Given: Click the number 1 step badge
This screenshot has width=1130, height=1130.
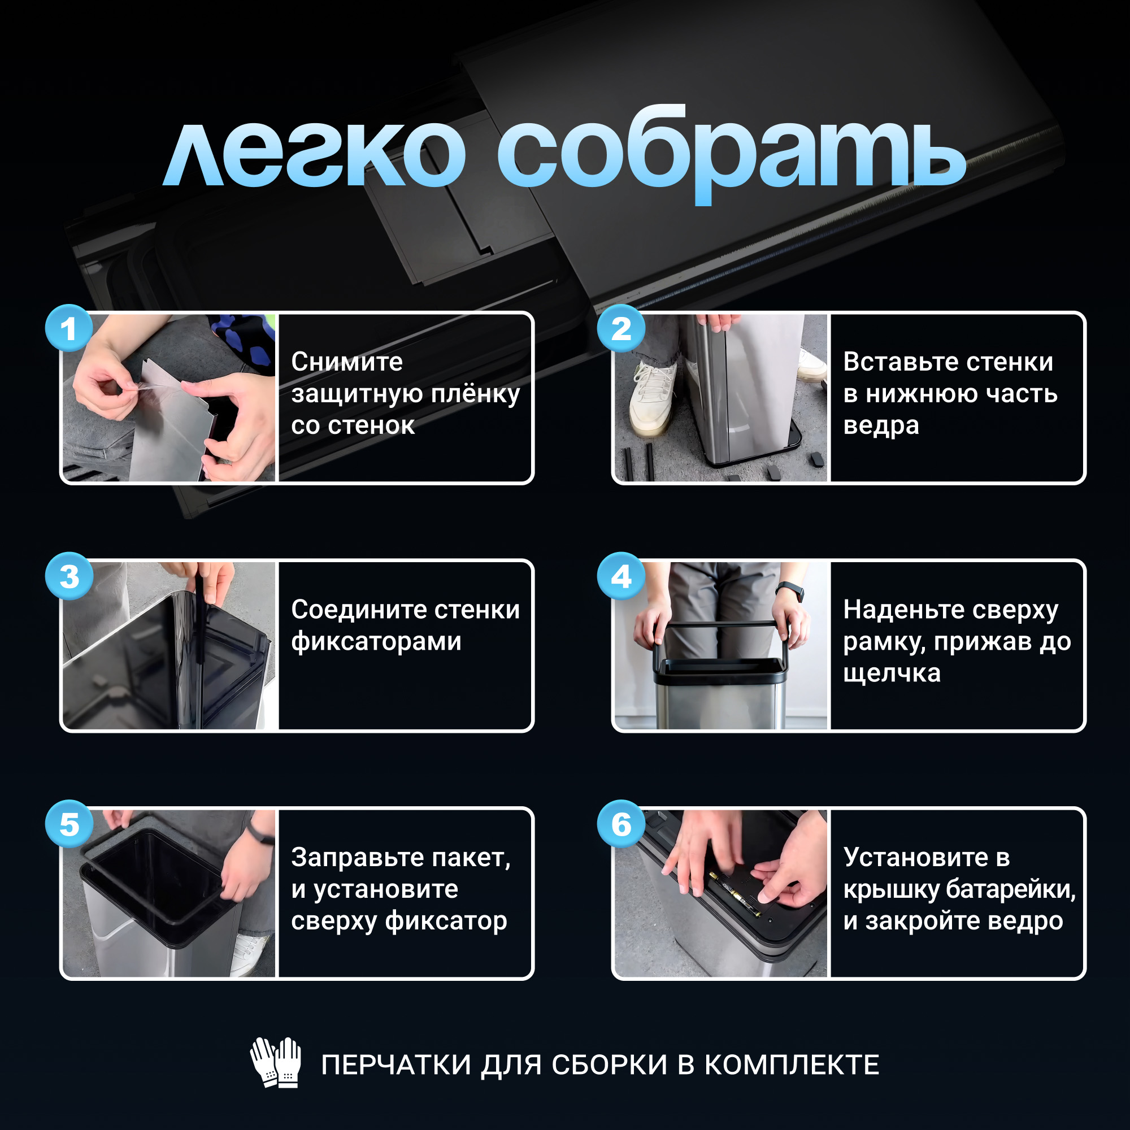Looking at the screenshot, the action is (x=69, y=328).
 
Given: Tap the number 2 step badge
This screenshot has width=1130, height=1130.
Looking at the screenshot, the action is (x=621, y=328).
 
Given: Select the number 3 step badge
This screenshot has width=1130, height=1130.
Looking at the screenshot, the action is (x=69, y=576).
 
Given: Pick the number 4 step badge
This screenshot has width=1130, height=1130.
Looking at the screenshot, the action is (x=621, y=576).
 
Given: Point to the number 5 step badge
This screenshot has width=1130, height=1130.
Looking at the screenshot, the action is (x=69, y=824).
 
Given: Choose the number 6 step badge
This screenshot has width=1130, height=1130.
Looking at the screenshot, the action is (x=621, y=824).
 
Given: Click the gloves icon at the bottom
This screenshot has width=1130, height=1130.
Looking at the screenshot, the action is (x=276, y=1063).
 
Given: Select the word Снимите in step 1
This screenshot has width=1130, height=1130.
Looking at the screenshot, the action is (x=347, y=362).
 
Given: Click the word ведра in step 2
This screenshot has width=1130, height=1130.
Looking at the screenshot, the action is (x=881, y=427).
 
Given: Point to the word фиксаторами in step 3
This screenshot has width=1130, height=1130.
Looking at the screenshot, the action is (x=376, y=642).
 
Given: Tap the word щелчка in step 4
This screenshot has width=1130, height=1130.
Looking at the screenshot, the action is (x=892, y=675).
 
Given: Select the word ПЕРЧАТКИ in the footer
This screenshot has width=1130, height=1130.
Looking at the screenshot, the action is (x=396, y=1064).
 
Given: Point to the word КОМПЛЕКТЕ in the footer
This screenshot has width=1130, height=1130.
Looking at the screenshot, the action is (x=792, y=1064).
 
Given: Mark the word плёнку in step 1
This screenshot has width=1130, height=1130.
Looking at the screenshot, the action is (x=475, y=394).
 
